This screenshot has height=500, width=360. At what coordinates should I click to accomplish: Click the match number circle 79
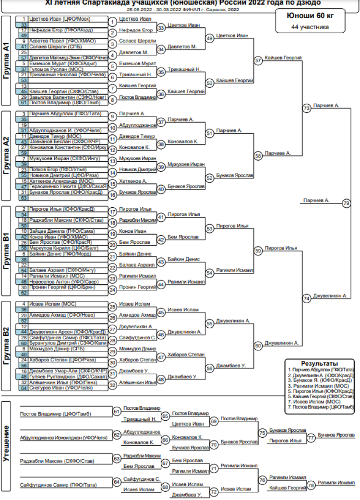[x=346, y=203]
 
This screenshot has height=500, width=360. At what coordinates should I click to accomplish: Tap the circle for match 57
[x=258, y=60]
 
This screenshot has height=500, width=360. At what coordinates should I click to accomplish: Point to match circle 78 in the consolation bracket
[x=311, y=485]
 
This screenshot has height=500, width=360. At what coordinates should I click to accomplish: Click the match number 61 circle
[x=117, y=411]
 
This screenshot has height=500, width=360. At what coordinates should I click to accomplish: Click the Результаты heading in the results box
[x=319, y=363]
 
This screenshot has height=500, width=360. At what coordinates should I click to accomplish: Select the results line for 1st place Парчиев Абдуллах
[x=321, y=370]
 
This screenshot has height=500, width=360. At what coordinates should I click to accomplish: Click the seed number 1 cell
[x=24, y=19]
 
